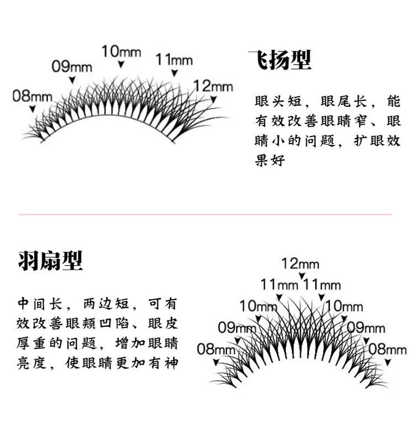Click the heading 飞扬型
[280, 60]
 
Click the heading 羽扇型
[50, 260]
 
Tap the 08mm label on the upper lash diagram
[32, 96]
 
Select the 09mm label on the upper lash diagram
[72, 67]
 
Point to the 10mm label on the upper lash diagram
[121, 52]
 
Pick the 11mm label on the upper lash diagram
[174, 59]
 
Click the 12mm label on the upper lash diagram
[213, 86]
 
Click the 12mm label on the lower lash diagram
[301, 263]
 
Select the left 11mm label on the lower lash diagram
[279, 285]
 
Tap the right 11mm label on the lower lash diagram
[322, 285]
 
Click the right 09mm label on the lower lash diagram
[367, 328]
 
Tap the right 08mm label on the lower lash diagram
[388, 349]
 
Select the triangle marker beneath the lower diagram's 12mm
[301, 276]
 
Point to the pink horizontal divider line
[205, 214]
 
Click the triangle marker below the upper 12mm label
[214, 100]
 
